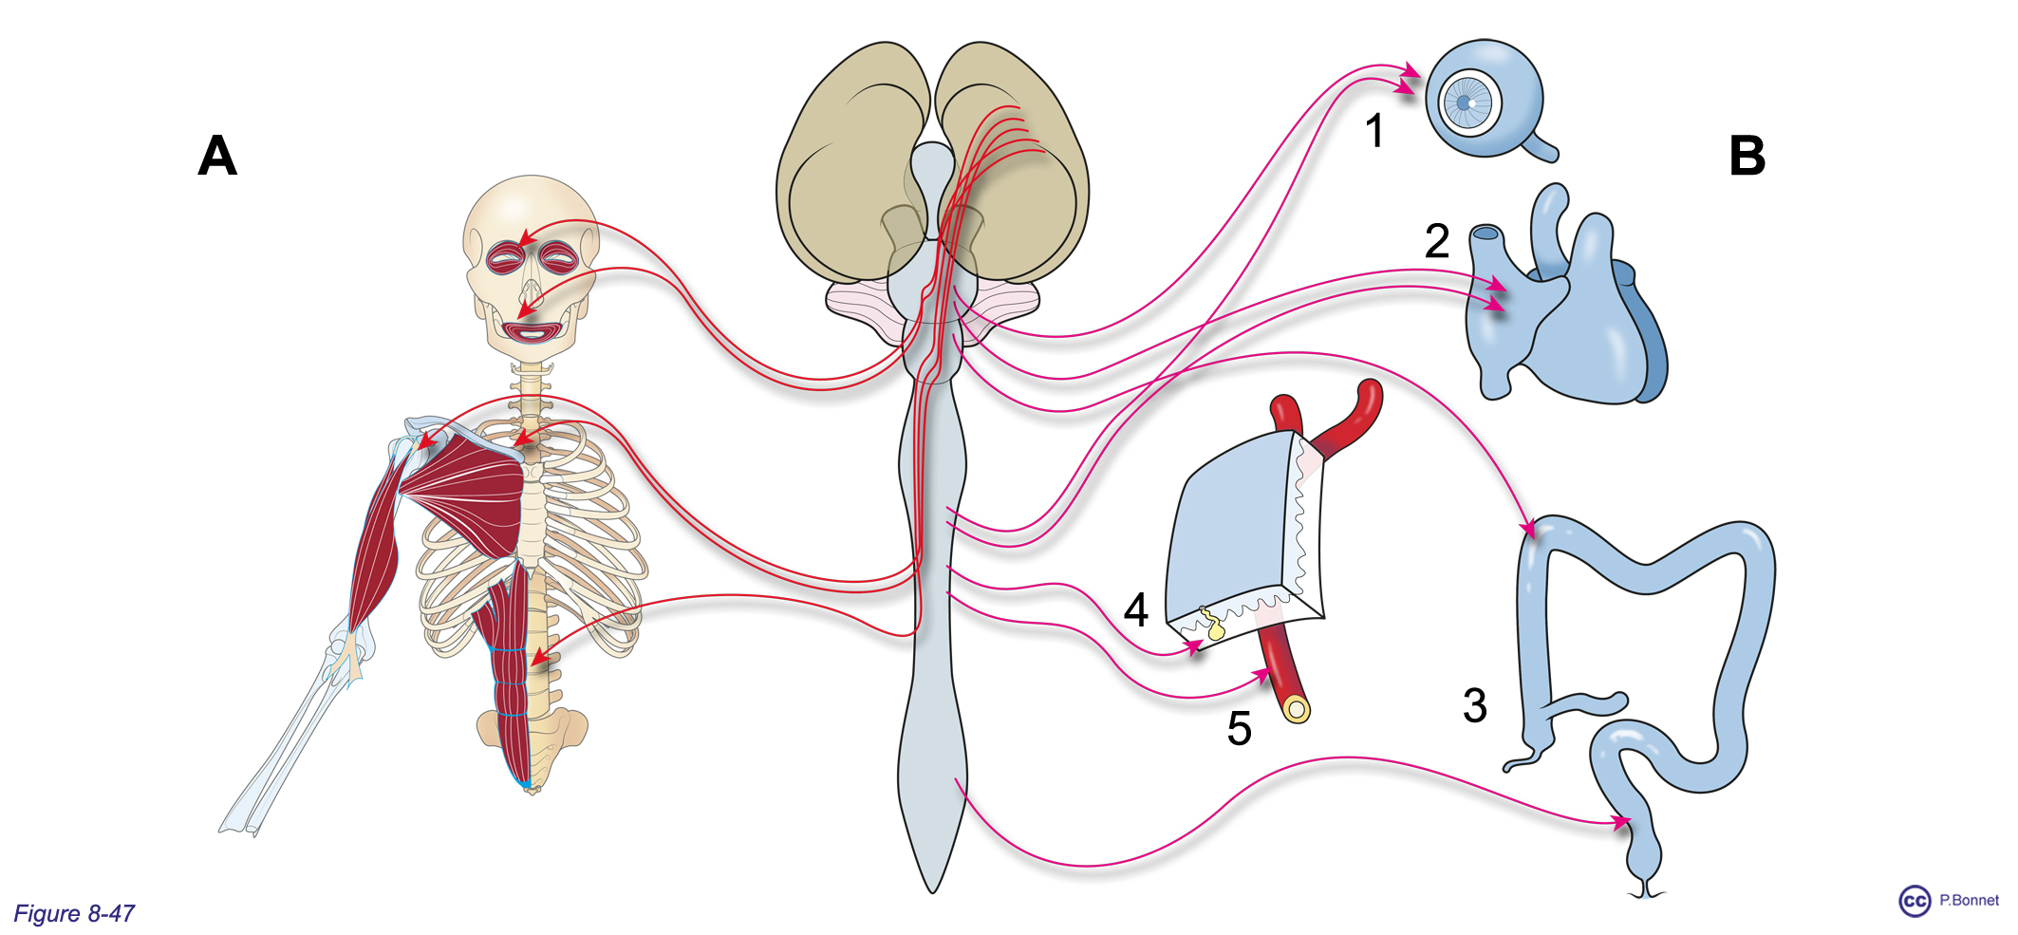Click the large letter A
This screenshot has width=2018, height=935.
click(x=217, y=156)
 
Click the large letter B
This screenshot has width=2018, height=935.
click(x=1747, y=156)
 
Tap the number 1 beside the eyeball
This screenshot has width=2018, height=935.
click(x=1374, y=130)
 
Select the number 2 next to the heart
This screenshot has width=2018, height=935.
click(x=1437, y=241)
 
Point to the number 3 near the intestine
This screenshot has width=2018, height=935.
click(x=1474, y=705)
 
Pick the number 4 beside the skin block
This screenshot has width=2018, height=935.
click(x=1136, y=609)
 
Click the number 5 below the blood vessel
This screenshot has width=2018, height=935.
click(x=1239, y=728)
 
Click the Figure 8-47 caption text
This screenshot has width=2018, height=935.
click(x=74, y=913)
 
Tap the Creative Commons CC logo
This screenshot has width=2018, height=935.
click(x=1915, y=901)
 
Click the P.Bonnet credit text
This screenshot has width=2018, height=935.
click(x=1969, y=900)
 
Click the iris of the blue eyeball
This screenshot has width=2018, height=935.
click(x=1466, y=103)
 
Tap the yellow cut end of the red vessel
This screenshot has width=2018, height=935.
click(x=1297, y=709)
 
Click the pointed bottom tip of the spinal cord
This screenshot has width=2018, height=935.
click(x=933, y=890)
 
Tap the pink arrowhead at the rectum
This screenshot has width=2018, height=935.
click(x=1619, y=822)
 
